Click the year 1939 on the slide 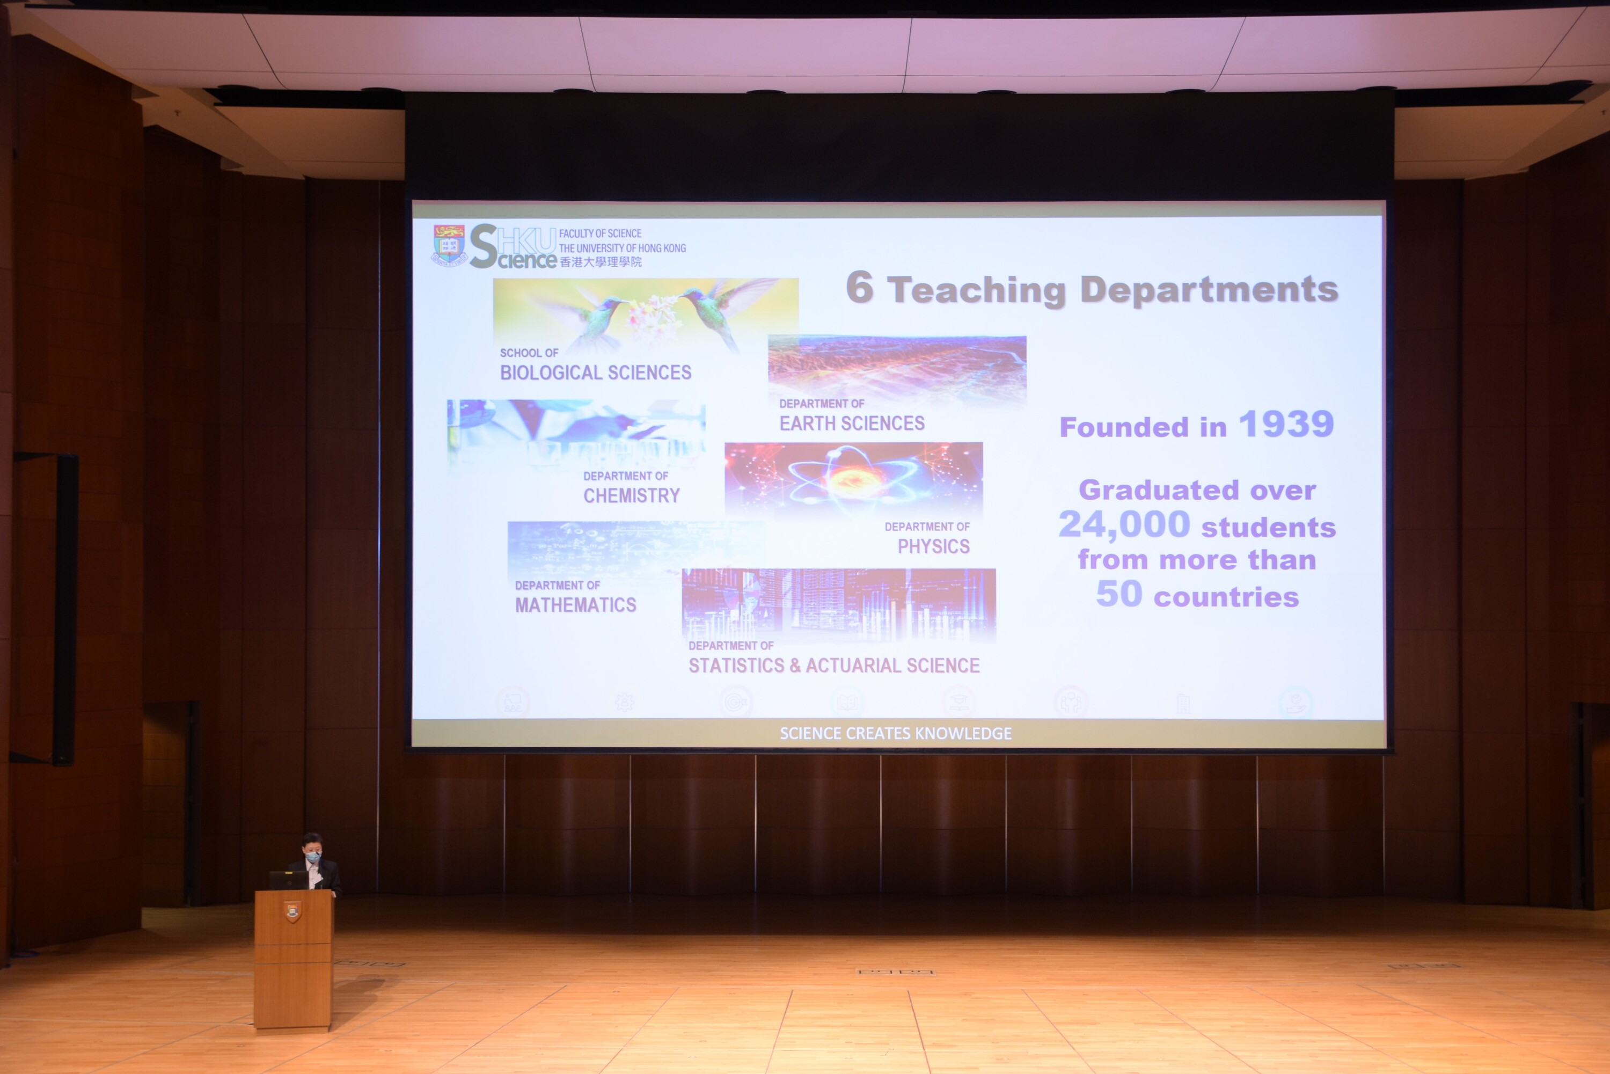click(x=1286, y=424)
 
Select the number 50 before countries click(x=1119, y=594)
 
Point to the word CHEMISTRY click(x=632, y=495)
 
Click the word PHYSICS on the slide click(x=933, y=546)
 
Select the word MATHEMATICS click(x=575, y=605)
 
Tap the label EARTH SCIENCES click(x=852, y=423)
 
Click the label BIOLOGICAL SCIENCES click(x=595, y=372)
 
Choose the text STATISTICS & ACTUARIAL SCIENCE click(x=833, y=665)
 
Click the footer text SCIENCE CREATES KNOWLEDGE click(x=895, y=734)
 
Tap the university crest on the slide click(x=449, y=245)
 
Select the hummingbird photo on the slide click(x=645, y=315)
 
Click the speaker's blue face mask click(x=313, y=856)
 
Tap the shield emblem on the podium click(x=292, y=912)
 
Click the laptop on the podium click(x=288, y=880)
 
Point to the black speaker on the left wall click(x=45, y=608)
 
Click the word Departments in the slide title click(x=1209, y=290)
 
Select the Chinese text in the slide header click(x=601, y=262)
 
